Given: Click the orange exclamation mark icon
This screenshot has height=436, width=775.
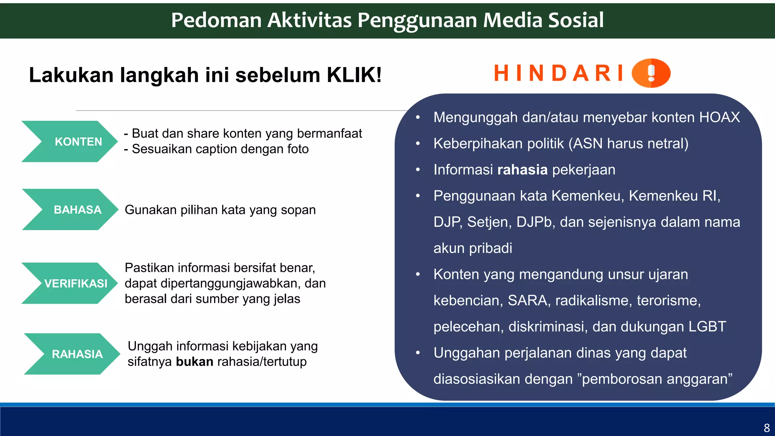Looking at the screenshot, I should (x=651, y=73).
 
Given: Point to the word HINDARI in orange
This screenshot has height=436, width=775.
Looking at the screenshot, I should (x=559, y=73).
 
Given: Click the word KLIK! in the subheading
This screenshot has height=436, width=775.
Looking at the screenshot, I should (x=354, y=75).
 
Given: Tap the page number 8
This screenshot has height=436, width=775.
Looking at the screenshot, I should (x=767, y=428).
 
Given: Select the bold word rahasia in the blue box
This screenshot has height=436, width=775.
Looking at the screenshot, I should (x=522, y=170).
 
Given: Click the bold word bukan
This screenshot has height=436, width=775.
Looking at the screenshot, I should (x=195, y=362).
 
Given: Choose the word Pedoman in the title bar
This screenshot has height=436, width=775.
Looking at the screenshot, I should (x=216, y=20).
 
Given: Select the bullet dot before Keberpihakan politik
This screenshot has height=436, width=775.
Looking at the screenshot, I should (x=418, y=144).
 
